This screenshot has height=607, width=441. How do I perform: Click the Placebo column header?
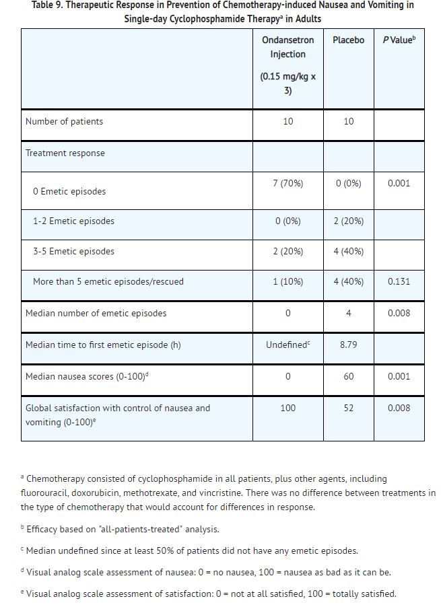tap(348, 40)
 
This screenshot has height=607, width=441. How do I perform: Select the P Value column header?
tap(399, 40)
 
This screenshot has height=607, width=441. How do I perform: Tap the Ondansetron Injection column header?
tap(287, 47)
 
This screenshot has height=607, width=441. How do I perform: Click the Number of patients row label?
tap(64, 122)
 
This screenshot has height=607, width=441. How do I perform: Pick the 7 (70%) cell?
tap(287, 183)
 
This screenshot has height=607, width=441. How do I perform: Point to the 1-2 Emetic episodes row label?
tap(73, 221)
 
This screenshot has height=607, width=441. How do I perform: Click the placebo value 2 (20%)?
tap(348, 221)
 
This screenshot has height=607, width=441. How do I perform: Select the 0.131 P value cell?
tap(399, 281)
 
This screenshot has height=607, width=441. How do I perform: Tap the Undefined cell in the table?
tap(287, 345)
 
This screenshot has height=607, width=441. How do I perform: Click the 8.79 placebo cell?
tap(348, 345)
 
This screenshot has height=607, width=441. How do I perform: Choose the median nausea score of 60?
tap(348, 376)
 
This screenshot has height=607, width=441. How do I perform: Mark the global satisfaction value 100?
tap(287, 408)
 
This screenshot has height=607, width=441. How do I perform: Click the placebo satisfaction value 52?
tap(348, 408)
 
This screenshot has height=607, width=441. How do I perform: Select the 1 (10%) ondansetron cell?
tap(287, 281)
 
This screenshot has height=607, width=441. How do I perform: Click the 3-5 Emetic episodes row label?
tap(73, 251)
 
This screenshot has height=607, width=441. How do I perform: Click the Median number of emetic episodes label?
tap(96, 313)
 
